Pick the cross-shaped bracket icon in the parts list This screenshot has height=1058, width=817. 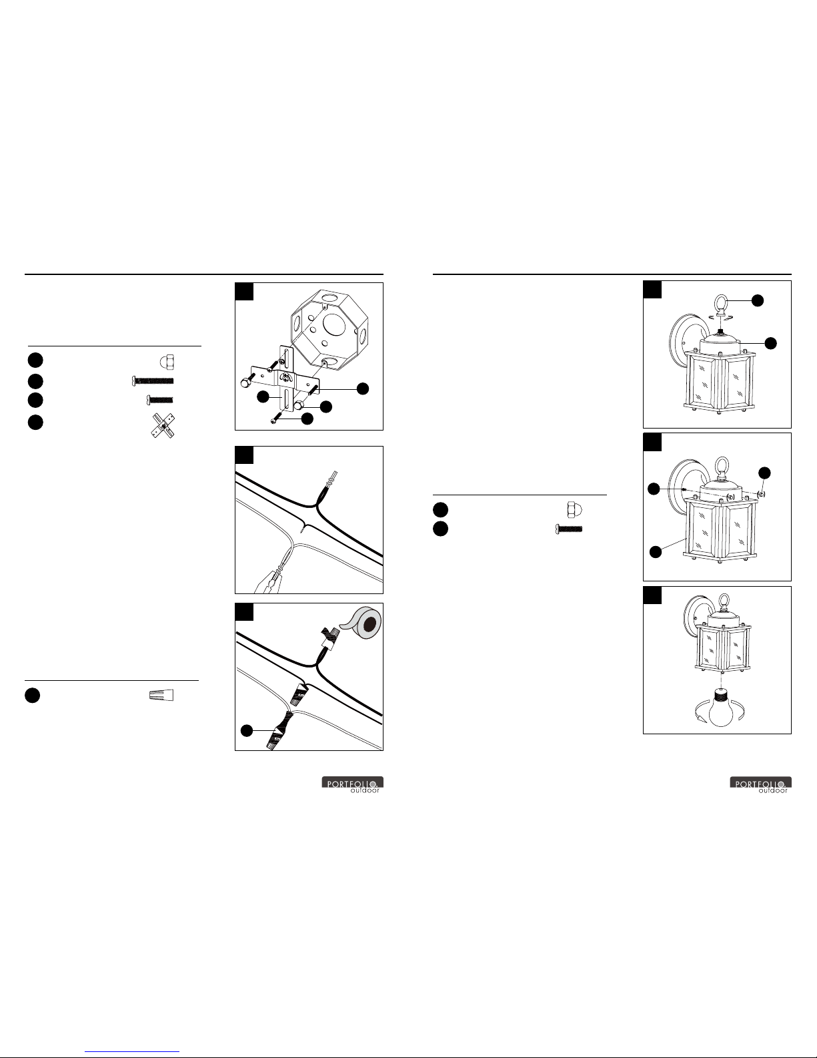point(163,426)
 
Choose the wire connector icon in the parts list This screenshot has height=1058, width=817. point(161,696)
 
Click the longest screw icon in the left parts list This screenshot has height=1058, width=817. point(153,380)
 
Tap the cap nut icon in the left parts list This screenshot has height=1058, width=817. point(167,362)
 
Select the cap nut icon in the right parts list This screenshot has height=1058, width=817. point(574,509)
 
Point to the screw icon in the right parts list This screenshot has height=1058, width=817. point(569,529)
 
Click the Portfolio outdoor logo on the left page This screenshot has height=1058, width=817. point(353,784)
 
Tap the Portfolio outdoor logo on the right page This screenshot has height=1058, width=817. point(760,784)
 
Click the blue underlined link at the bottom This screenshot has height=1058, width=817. point(132,1051)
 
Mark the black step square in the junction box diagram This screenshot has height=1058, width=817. point(244,292)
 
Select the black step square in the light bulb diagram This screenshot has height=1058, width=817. point(652,595)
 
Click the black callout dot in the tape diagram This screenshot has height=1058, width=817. point(247,730)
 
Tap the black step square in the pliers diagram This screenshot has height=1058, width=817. point(244,455)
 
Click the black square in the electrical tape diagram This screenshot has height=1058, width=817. point(244,612)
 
